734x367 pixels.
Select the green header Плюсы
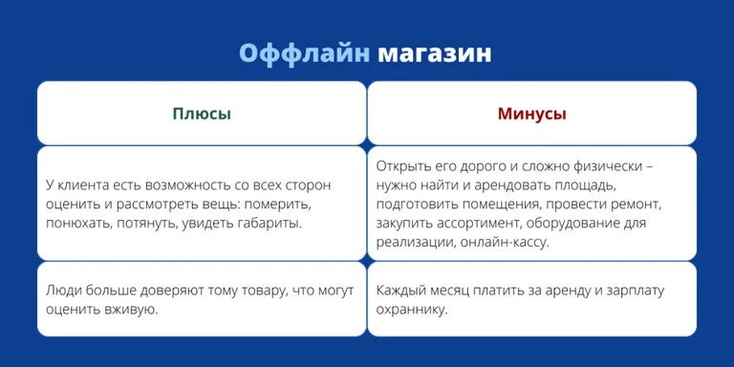(202, 114)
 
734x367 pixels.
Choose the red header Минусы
(531, 114)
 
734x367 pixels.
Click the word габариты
(270, 223)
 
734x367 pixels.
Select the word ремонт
(637, 204)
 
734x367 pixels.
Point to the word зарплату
(632, 291)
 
